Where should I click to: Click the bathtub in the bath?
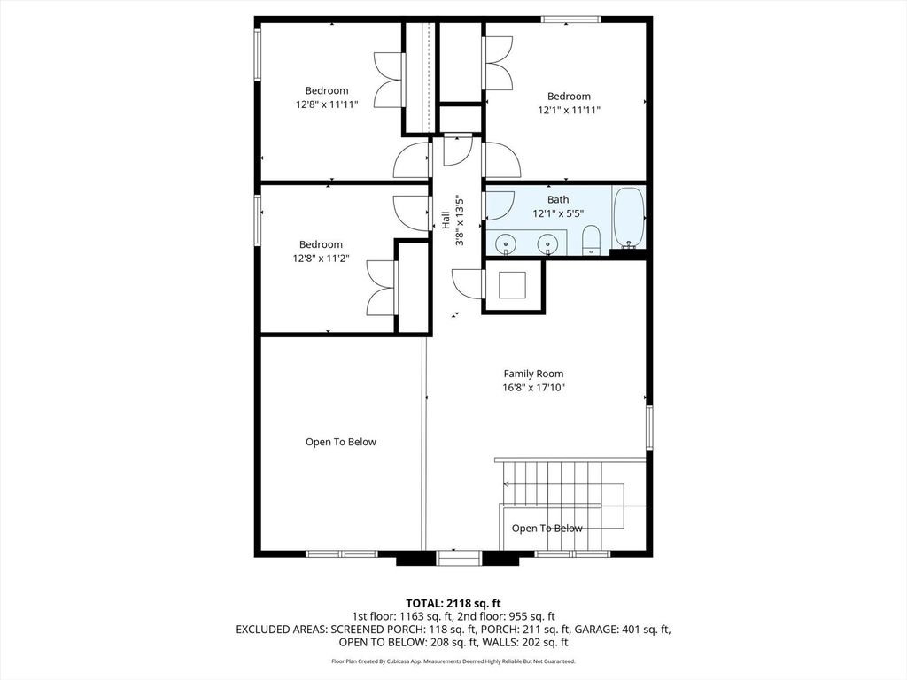coord(628,218)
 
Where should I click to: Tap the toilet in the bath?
coord(591,240)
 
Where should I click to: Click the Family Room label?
coord(533,375)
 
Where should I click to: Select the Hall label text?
coord(446,220)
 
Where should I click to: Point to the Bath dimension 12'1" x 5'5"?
coord(558,213)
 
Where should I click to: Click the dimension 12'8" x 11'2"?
coord(321,259)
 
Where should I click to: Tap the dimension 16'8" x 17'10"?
coord(533,388)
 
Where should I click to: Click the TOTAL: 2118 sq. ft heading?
coord(453,604)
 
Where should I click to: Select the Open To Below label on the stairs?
coord(547,528)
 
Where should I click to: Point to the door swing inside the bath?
coord(500,205)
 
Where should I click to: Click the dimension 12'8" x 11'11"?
coord(327,104)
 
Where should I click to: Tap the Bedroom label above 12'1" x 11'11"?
coord(570,96)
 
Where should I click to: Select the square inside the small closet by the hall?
coord(513,285)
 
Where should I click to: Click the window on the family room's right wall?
coord(649,428)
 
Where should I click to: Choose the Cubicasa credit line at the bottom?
coord(453,661)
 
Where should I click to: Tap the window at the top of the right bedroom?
coord(571,19)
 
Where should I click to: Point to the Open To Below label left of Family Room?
coord(341,442)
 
